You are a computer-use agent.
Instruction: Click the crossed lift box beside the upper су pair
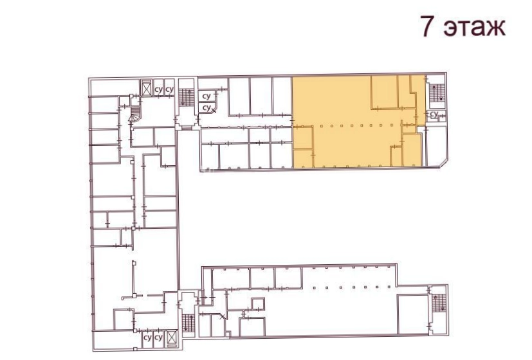point(146,89)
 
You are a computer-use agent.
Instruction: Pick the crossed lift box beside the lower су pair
point(172,338)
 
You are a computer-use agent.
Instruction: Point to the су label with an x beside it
point(206,108)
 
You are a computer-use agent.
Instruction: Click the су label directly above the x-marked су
point(206,96)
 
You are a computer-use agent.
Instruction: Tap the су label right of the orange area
point(434,114)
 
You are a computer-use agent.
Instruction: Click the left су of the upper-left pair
point(158,90)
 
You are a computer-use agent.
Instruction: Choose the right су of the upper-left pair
point(169,90)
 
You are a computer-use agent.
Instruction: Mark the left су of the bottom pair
point(147,338)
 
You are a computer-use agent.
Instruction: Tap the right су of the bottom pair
point(158,338)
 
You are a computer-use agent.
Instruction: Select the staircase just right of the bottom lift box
point(188,323)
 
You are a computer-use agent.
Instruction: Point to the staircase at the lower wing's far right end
point(439,303)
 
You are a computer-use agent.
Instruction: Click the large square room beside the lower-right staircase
point(412,314)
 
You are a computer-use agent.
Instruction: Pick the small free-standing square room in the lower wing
point(258,305)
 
